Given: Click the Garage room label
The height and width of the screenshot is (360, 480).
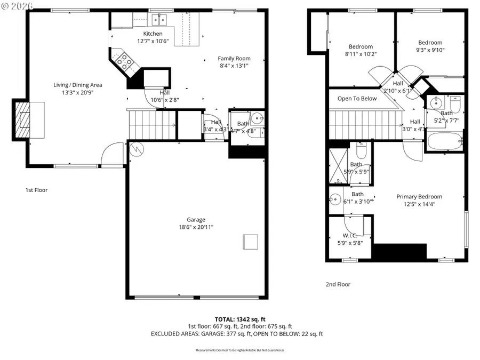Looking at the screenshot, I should (196, 220).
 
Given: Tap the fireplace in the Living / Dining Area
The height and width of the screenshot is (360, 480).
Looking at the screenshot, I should (22, 119).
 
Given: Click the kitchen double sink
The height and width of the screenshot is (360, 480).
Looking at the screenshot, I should (159, 20).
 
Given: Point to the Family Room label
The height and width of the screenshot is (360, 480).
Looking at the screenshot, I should (234, 59).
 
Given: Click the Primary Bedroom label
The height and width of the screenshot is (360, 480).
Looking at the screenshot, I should (419, 197).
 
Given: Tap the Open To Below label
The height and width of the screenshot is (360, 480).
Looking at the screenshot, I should (357, 99).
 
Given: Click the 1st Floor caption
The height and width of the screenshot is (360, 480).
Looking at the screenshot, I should (36, 190).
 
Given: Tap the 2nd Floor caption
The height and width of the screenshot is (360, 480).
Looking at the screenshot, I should (338, 284).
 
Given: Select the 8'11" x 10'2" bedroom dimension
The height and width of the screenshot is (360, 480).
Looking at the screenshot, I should (361, 54).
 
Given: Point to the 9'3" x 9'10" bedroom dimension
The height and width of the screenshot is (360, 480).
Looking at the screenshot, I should (430, 50).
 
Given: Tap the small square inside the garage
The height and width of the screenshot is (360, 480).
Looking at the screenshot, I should (250, 242).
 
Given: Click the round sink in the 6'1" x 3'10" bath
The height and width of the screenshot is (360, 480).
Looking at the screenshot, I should (335, 199).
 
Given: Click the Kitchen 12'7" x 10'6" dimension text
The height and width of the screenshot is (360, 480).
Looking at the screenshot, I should (152, 41).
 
